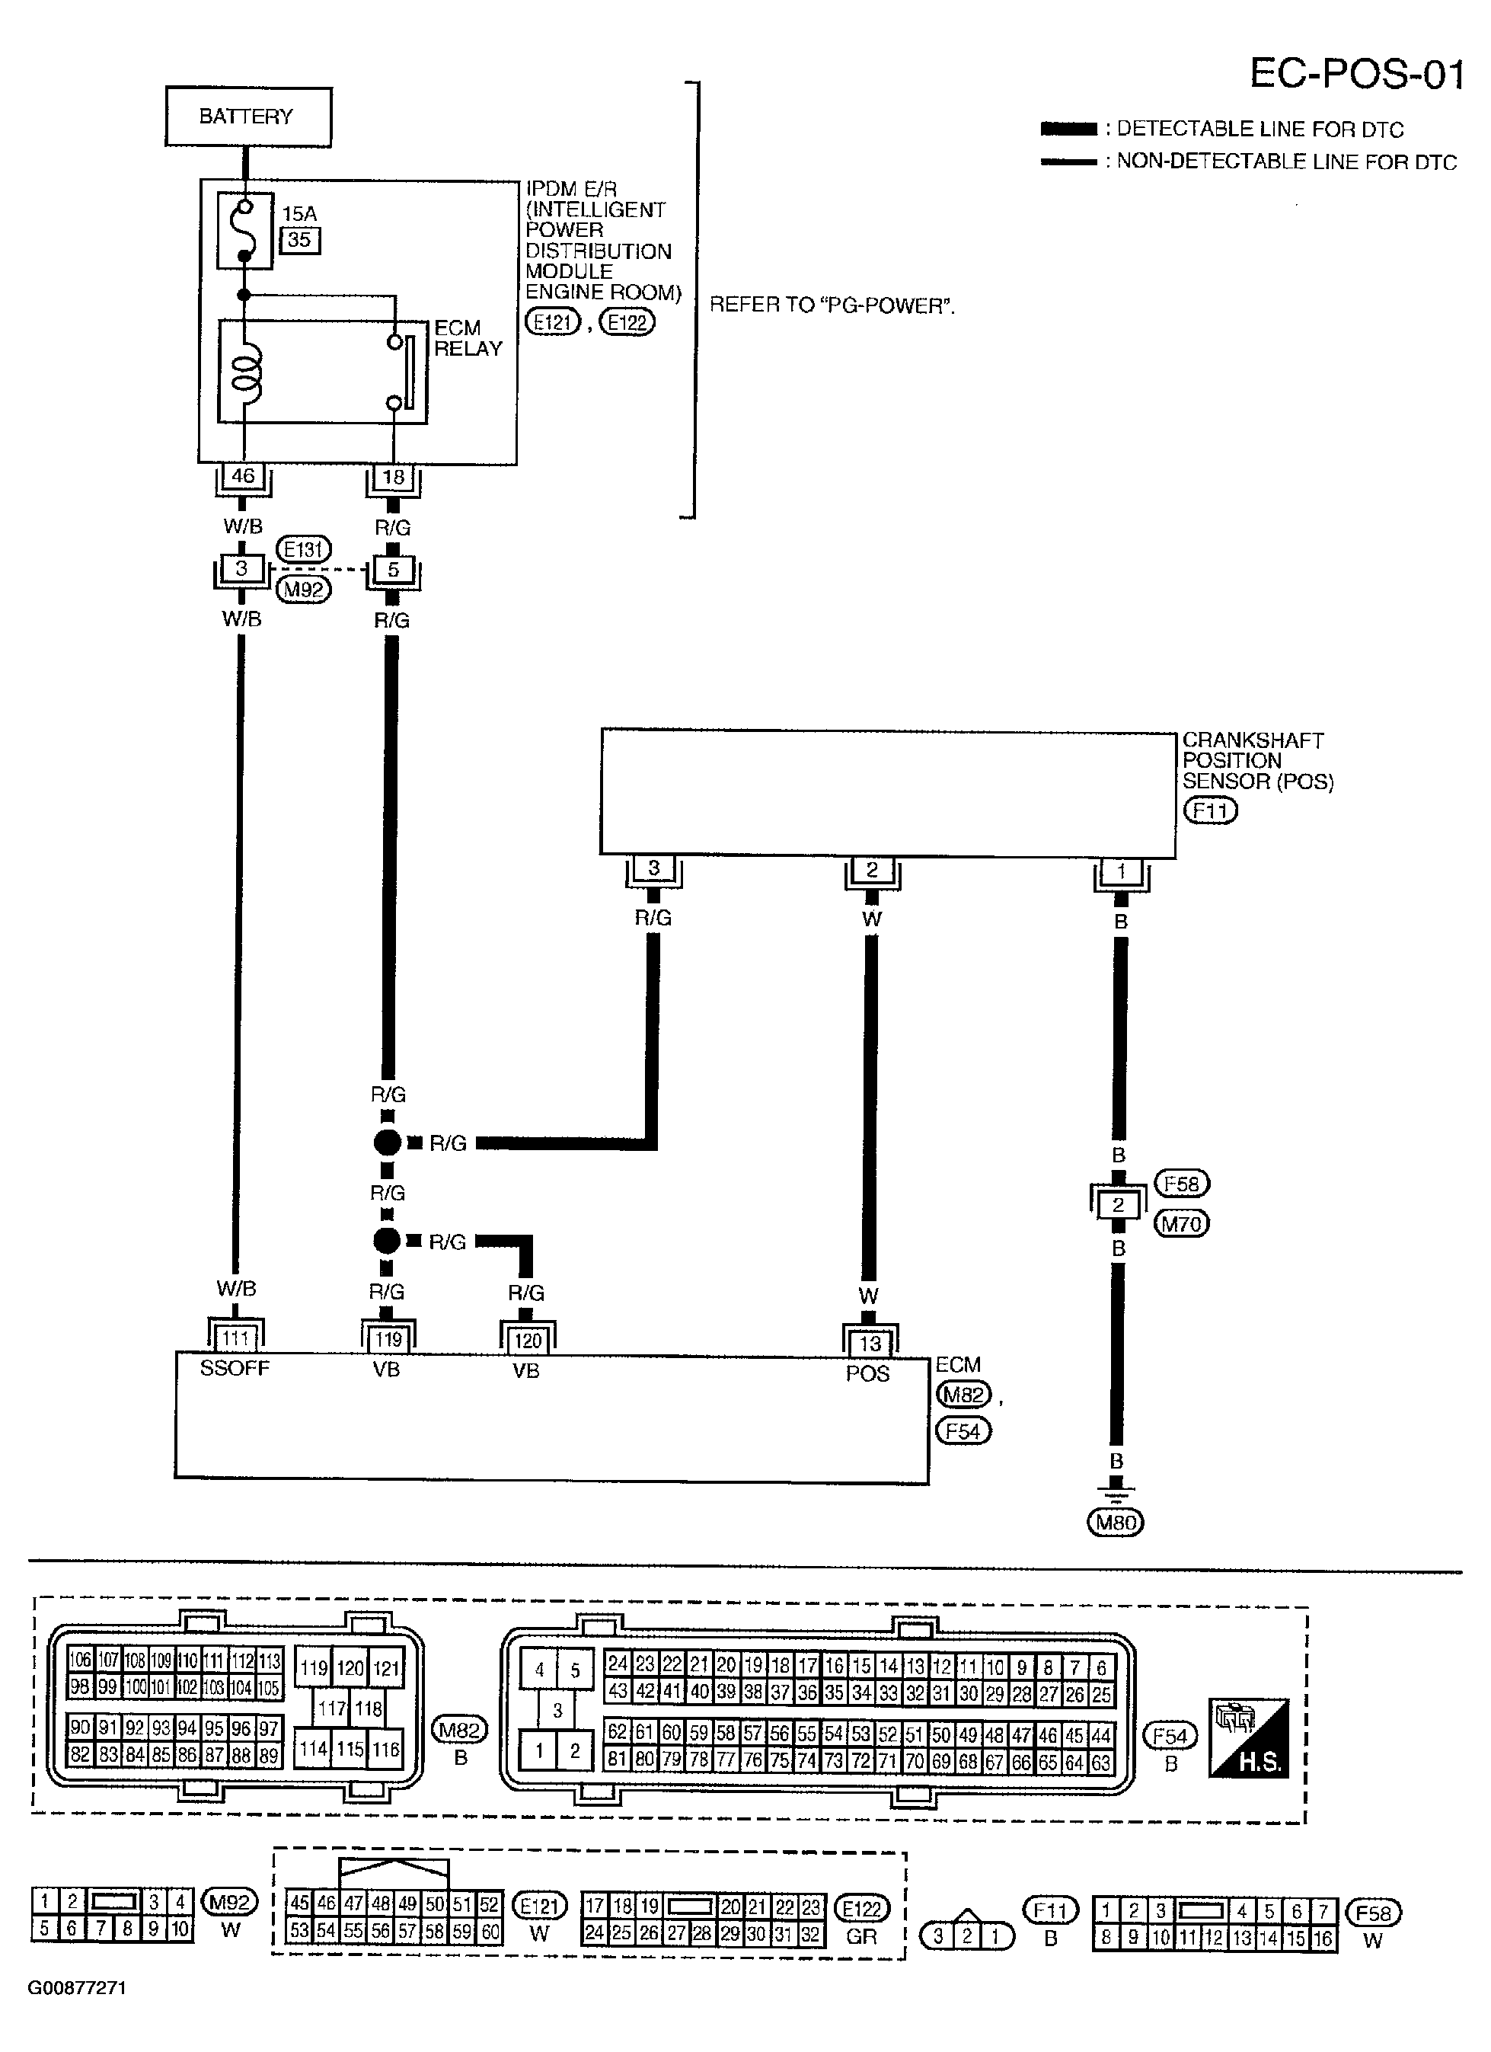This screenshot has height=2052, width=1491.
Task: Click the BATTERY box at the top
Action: pos(248,117)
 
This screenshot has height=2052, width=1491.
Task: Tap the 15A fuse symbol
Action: pos(244,231)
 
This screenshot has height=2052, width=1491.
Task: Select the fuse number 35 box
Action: pos(299,240)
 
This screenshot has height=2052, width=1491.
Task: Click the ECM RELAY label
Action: pos(468,338)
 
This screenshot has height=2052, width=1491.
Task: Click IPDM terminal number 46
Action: pos(244,476)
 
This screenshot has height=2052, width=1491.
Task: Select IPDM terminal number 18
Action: pos(394,477)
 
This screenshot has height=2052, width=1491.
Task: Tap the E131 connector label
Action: pos(303,549)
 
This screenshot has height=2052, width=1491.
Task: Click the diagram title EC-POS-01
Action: pos(1356,74)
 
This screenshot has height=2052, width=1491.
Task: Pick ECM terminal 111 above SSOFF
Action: pos(236,1338)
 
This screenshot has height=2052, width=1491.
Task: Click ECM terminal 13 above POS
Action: pos(870,1344)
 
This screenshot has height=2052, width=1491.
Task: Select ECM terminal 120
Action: pos(528,1340)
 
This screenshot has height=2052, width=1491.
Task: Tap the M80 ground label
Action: pos(1116,1523)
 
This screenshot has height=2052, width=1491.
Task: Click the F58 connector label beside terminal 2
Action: pos(1182,1184)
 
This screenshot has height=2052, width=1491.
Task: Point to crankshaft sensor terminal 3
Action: pos(654,868)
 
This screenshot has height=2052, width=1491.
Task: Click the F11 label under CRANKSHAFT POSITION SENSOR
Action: pos(1209,810)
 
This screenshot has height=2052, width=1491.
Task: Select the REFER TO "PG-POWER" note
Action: pos(832,305)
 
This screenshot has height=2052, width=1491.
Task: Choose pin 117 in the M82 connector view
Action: pos(332,1708)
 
